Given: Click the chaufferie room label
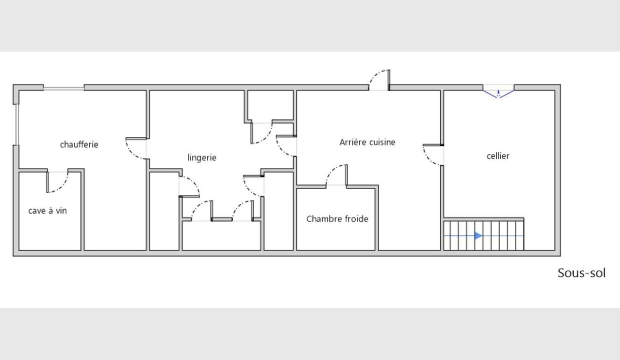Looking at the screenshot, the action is click(x=79, y=144).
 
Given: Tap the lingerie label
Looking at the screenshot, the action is click(x=202, y=157).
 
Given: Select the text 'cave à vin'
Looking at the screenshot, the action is click(x=47, y=211).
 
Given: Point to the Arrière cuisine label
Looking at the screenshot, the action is click(x=367, y=142).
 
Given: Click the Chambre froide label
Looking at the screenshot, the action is click(x=337, y=219).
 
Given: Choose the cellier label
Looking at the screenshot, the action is click(x=498, y=156).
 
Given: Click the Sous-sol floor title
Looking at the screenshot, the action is click(x=581, y=273).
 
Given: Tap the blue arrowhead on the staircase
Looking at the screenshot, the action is click(x=478, y=236).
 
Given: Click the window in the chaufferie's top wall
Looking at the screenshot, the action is click(x=63, y=88).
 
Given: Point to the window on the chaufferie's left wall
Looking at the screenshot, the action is click(x=17, y=124).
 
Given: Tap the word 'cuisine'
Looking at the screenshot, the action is click(x=381, y=142).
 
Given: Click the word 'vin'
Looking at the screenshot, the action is click(x=61, y=211).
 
